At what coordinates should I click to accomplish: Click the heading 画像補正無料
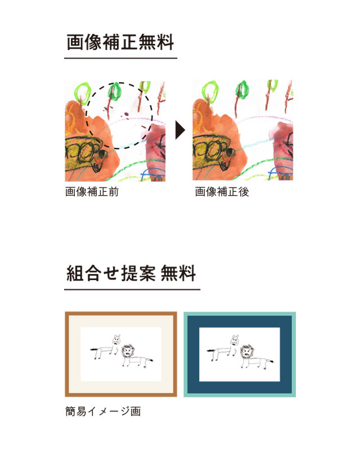tap(120, 42)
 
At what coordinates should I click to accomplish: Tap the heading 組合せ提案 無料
tap(131, 273)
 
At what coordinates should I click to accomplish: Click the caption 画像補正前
tap(92, 192)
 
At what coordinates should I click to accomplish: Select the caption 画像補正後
tap(222, 192)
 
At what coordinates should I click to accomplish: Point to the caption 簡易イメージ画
tap(103, 411)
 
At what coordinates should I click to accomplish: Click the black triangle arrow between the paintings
tap(180, 130)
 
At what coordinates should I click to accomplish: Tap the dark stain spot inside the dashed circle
tap(127, 115)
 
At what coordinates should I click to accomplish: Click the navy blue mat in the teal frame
tap(240, 321)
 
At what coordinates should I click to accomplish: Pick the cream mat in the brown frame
tap(121, 321)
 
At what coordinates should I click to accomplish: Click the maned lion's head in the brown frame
tap(128, 351)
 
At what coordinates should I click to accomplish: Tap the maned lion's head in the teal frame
tap(246, 351)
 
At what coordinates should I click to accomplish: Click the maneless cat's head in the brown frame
tap(116, 340)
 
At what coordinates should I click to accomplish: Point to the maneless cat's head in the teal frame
tap(235, 340)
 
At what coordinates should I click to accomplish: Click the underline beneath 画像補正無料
tap(120, 58)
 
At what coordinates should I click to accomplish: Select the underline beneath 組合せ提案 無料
tap(132, 289)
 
